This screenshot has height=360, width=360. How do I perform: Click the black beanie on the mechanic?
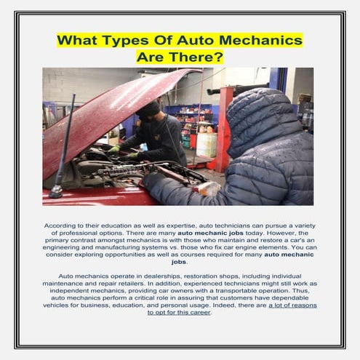tap(148, 108)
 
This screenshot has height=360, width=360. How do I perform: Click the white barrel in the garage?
tap(207, 145)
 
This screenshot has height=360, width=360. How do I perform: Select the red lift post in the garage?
tap(224, 129)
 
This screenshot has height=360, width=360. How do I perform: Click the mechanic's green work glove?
tap(114, 149)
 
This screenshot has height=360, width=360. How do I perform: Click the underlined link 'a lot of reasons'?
tap(292, 305)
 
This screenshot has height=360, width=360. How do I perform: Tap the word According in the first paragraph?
tap(60, 226)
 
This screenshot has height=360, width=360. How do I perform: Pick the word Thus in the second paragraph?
tap(301, 291)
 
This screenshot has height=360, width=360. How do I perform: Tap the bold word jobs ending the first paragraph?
tap(179, 262)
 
